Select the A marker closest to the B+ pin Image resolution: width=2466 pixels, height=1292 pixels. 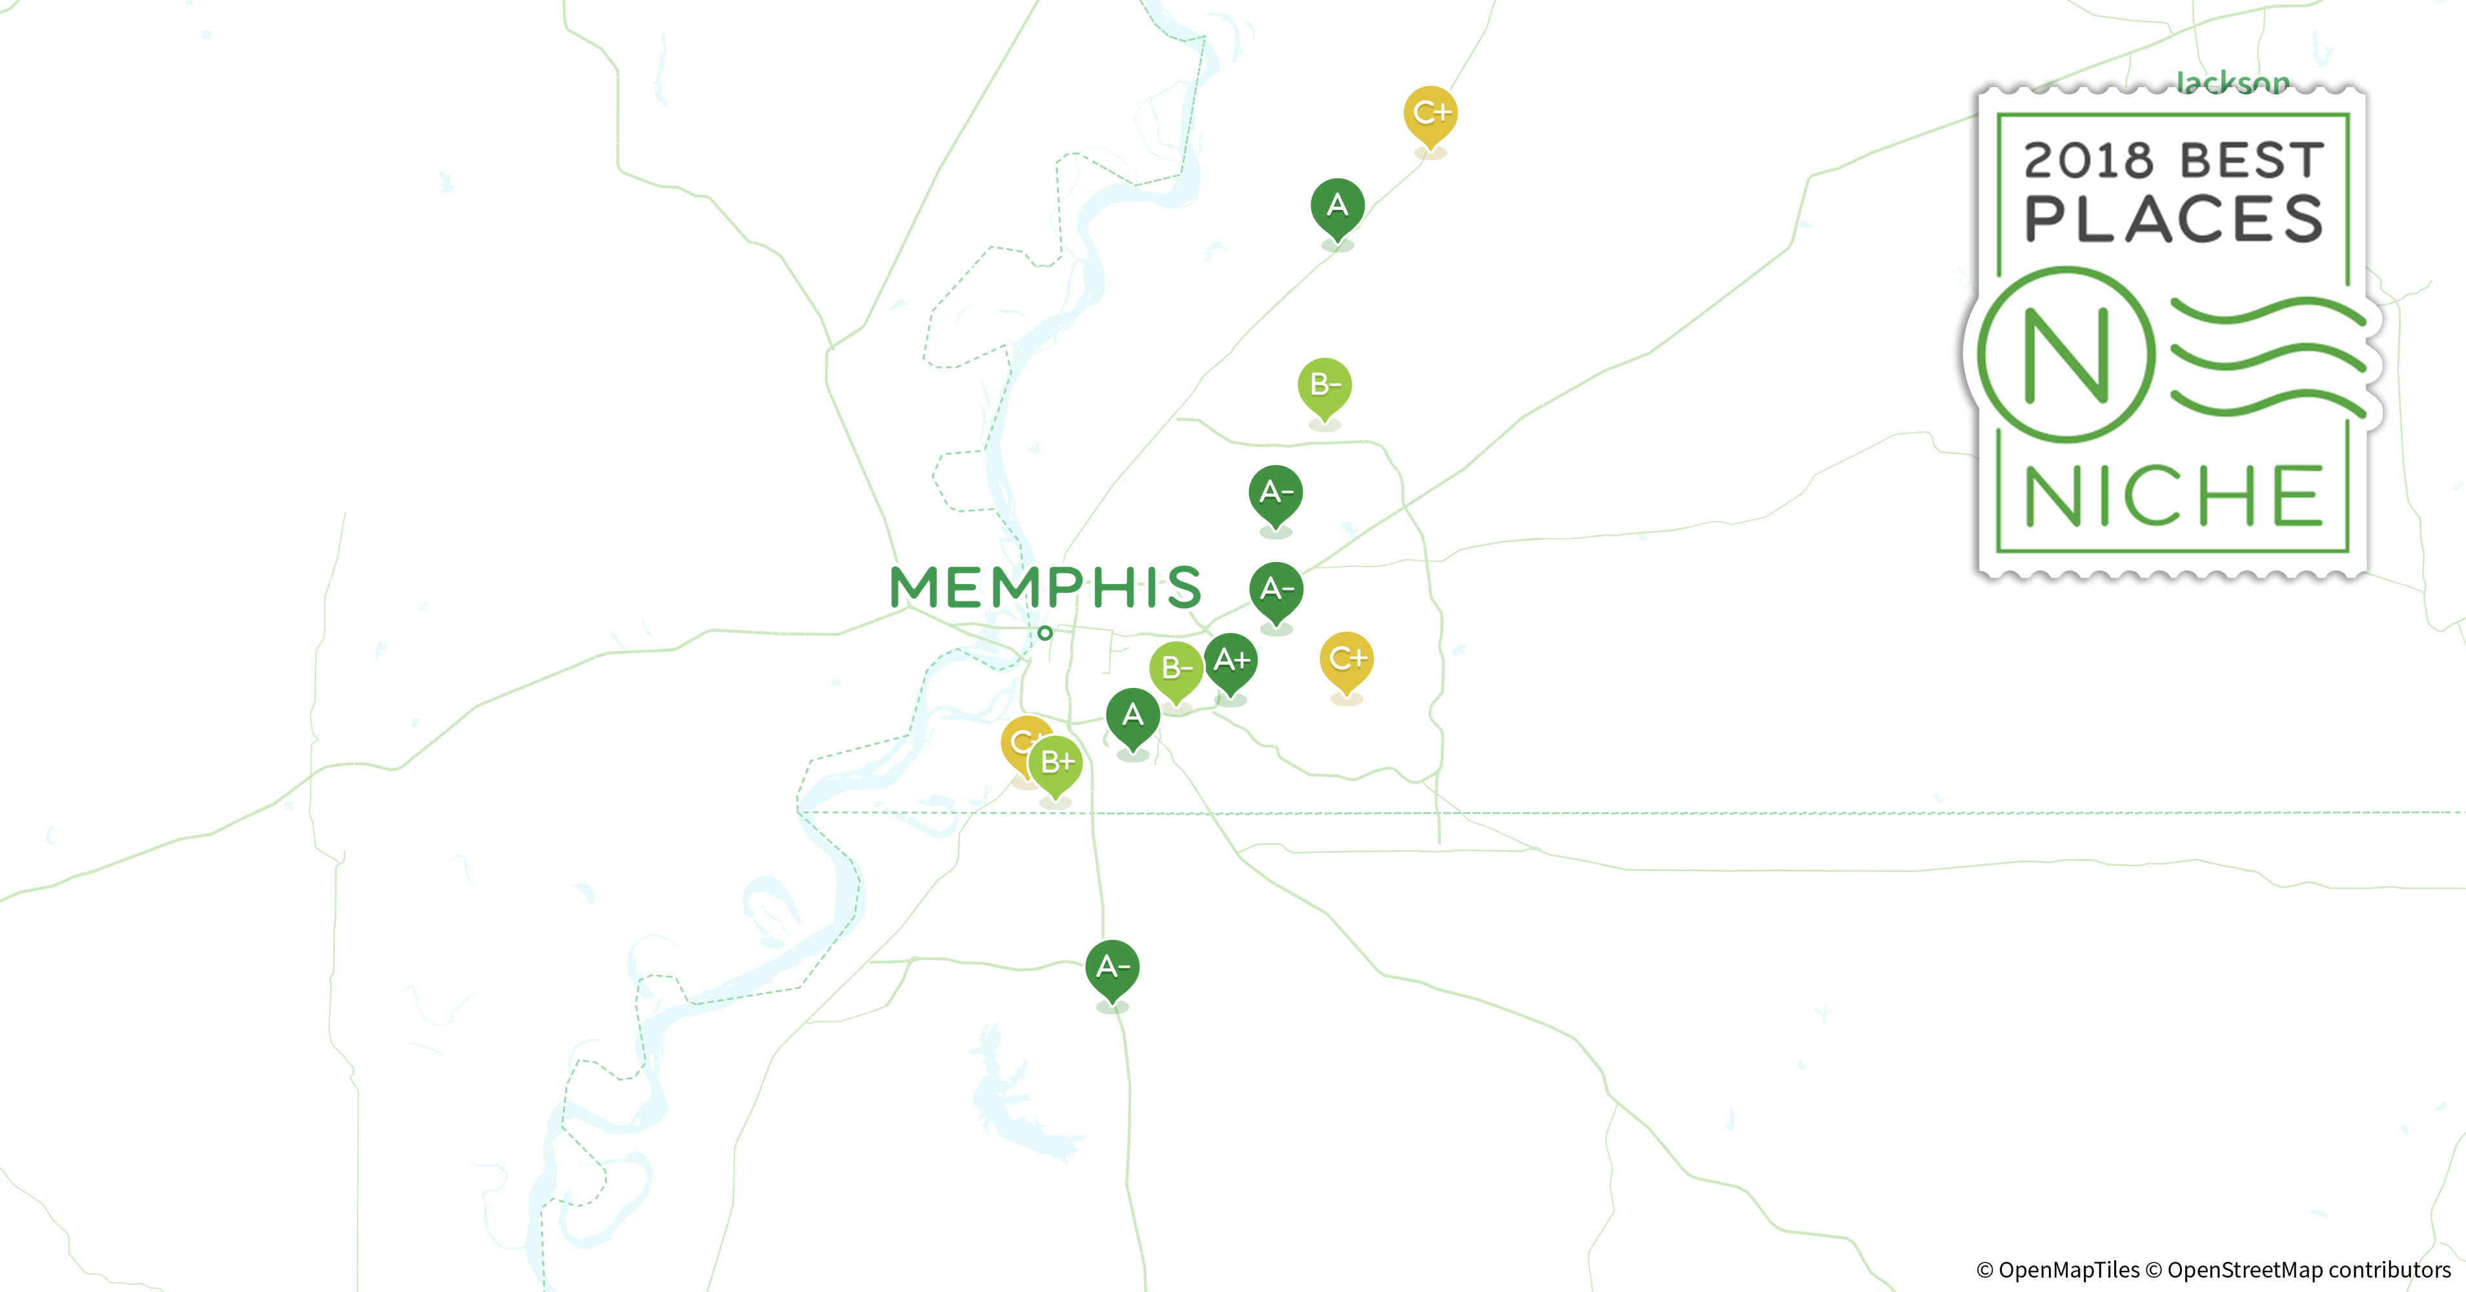tap(1132, 716)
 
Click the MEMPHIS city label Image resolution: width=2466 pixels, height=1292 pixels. tap(1045, 587)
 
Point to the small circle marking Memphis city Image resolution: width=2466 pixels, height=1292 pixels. tap(1045, 632)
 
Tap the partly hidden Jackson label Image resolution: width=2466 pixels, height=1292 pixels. tap(2232, 83)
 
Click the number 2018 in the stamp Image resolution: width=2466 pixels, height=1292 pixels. tap(2088, 161)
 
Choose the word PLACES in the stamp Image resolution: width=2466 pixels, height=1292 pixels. tap(2173, 220)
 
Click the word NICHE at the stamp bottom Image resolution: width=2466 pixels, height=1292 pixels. tap(2173, 496)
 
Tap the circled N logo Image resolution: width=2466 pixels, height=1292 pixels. tap(2066, 355)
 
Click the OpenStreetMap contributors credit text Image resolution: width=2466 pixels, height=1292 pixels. tap(2307, 1270)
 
